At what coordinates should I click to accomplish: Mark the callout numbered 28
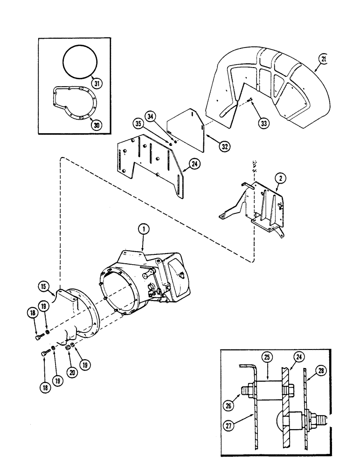click(x=321, y=371)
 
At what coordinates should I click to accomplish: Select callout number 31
click(x=97, y=84)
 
